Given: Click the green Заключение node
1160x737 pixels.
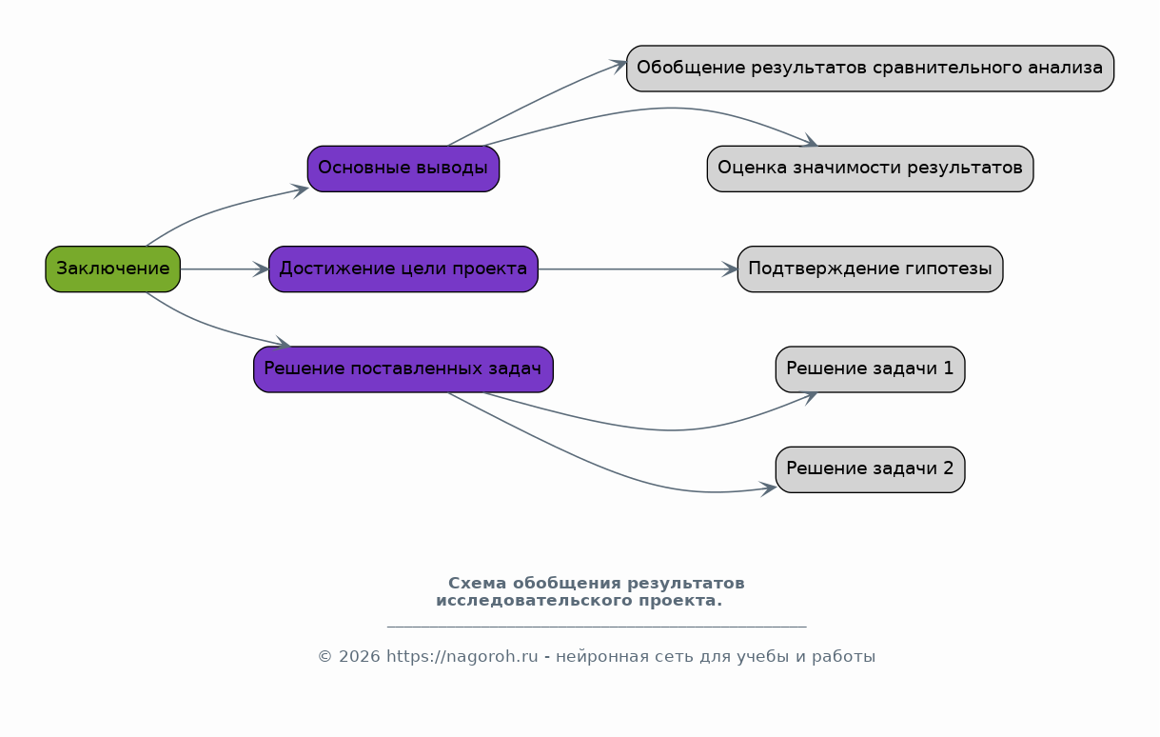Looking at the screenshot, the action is pyautogui.click(x=113, y=269).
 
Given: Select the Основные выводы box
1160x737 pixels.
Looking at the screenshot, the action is pyautogui.click(x=403, y=169).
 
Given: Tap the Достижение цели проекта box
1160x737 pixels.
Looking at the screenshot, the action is pyautogui.click(x=403, y=269).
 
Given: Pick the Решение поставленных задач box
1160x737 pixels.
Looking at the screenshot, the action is pyautogui.click(x=403, y=369).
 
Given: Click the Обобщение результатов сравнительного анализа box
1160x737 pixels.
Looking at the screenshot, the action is pyautogui.click(x=870, y=69).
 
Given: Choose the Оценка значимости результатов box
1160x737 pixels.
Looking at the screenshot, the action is pyautogui.click(x=870, y=169).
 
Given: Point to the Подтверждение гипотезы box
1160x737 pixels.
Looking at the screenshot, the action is pyautogui.click(x=870, y=269).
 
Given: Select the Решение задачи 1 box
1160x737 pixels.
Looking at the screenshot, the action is pyautogui.click(x=870, y=369).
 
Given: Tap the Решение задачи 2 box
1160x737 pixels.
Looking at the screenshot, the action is pyautogui.click(x=870, y=469).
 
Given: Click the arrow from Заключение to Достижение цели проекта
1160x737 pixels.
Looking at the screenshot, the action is pyautogui.click(x=225, y=269).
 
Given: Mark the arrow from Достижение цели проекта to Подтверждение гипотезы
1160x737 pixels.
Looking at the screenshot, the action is pyautogui.click(x=638, y=269).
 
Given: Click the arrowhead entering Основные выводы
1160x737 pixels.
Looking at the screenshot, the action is pyautogui.click(x=301, y=190).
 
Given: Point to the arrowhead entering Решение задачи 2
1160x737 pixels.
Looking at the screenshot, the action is pyautogui.click(x=769, y=488).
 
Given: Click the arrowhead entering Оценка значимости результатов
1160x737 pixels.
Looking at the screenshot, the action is pyautogui.click(x=809, y=141).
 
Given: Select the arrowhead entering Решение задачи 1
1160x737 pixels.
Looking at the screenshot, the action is pyautogui.click(x=809, y=397).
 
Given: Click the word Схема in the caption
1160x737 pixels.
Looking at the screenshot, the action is pyautogui.click(x=477, y=583).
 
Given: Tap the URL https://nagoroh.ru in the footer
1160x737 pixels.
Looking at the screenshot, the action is pyautogui.click(x=462, y=657).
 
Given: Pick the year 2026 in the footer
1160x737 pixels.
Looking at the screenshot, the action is pyautogui.click(x=360, y=657).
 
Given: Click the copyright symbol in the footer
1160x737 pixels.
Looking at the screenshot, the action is pyautogui.click(x=324, y=657).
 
